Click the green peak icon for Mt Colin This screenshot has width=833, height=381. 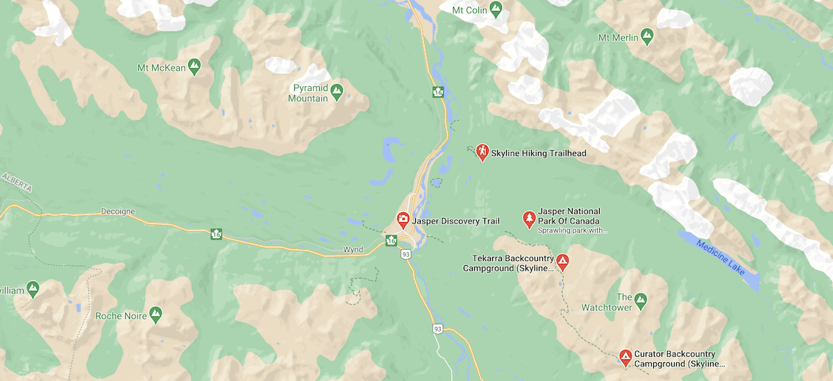(x=495, y=9)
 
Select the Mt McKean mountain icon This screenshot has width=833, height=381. (x=195, y=67)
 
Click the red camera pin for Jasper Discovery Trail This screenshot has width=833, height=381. (x=403, y=220)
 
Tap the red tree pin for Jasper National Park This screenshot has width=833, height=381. (x=528, y=219)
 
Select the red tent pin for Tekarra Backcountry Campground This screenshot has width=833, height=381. (x=562, y=262)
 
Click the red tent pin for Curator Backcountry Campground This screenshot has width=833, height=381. (x=625, y=357)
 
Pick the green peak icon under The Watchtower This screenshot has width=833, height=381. (x=640, y=300)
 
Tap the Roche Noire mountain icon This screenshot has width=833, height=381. (x=155, y=314)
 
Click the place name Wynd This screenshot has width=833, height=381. (x=353, y=250)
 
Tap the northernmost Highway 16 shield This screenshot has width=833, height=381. (x=437, y=92)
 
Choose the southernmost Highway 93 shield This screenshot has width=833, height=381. (x=437, y=328)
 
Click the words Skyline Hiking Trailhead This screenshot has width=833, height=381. (x=534, y=153)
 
